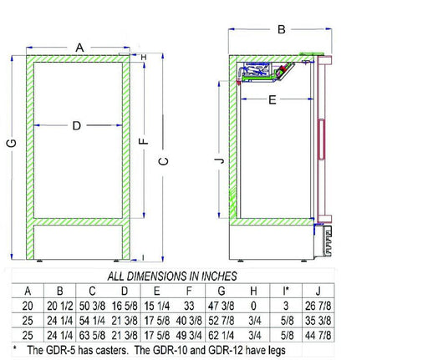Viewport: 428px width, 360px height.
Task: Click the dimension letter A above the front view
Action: click(79, 48)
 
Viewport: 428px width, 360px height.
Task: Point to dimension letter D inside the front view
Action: click(77, 125)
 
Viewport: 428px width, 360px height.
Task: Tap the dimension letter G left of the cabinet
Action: click(9, 143)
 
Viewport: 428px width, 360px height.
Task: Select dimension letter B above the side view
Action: click(282, 30)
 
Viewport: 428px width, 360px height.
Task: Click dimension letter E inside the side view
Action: click(273, 100)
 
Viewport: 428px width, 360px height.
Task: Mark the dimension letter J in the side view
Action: click(216, 160)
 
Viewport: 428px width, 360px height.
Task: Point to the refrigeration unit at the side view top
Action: click(263, 73)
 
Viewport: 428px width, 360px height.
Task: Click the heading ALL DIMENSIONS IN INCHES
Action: click(173, 276)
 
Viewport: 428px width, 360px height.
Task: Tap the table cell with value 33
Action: click(188, 305)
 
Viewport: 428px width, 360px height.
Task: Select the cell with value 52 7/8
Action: click(220, 320)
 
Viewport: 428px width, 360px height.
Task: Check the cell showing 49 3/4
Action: click(188, 335)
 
